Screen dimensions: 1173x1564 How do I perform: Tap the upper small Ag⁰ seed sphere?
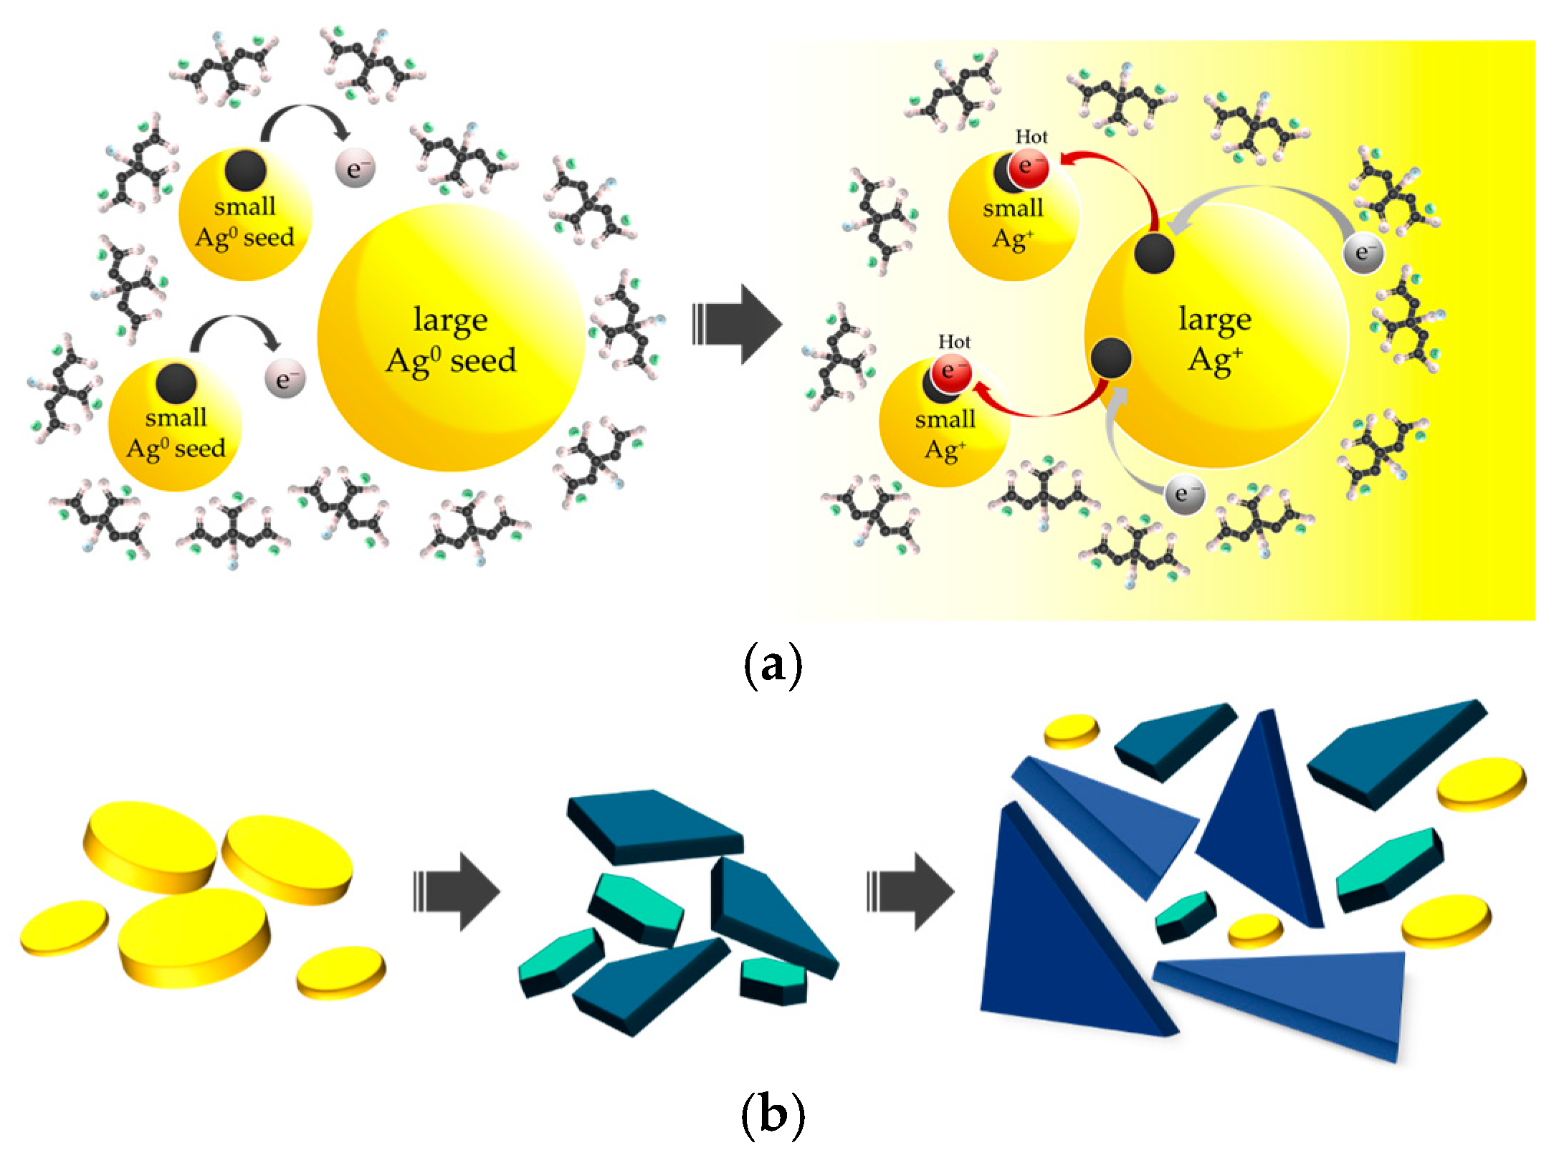[245, 215]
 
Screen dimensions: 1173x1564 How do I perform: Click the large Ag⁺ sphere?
[1216, 337]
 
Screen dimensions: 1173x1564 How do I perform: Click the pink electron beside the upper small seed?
[356, 171]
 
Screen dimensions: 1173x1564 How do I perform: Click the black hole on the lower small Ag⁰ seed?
[176, 382]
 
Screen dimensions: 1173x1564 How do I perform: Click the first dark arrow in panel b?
[457, 891]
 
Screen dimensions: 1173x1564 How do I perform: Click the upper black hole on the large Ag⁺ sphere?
[1154, 253]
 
